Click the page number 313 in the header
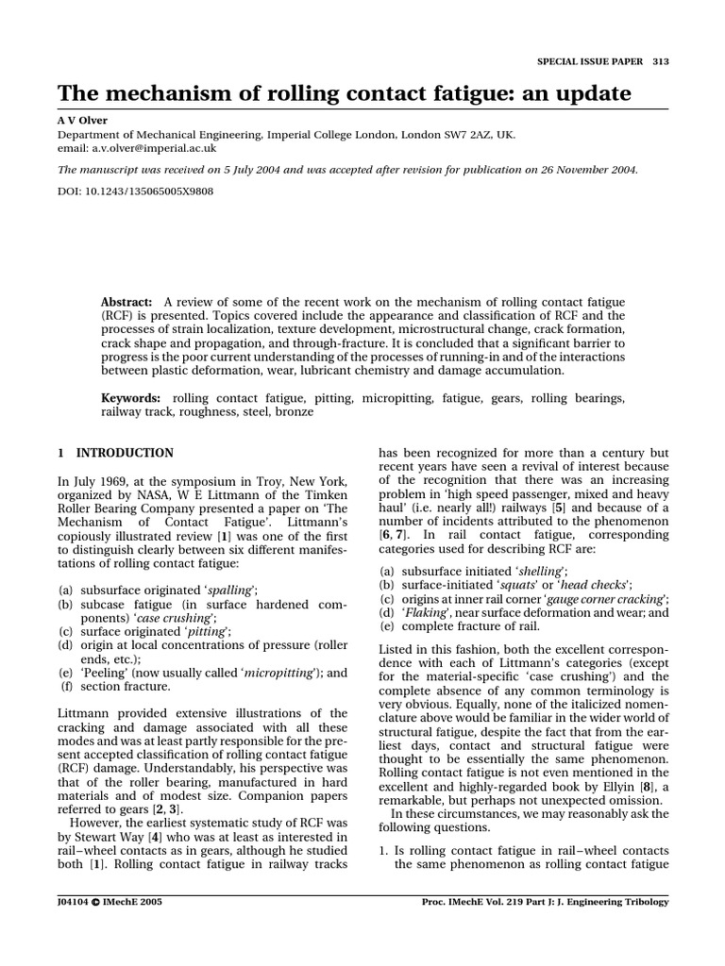coord(660,61)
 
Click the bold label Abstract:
coord(127,300)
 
